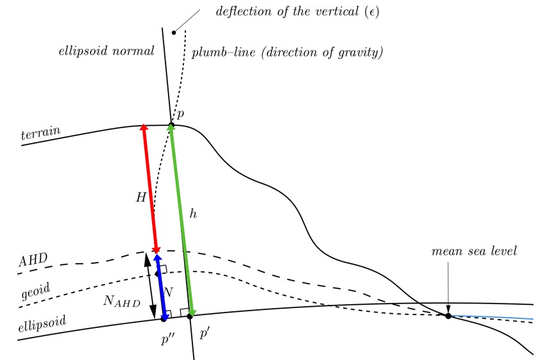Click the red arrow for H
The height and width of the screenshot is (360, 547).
point(150,189)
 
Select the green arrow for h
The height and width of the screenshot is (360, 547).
point(181,220)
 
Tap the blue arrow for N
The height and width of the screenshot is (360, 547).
point(161,287)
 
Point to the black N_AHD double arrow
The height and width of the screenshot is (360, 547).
point(150,285)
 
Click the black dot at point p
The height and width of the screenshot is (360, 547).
point(171,124)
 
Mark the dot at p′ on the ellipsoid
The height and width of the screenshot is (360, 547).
point(190,316)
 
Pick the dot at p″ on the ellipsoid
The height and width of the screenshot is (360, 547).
point(164,319)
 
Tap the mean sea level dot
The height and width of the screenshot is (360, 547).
point(448,316)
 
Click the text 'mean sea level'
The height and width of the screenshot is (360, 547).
point(474,251)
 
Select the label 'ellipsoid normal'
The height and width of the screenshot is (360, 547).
point(106,51)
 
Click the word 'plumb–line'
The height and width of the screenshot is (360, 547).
point(224,53)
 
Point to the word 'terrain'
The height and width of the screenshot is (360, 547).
point(41,133)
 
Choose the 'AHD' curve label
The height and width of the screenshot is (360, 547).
point(33,260)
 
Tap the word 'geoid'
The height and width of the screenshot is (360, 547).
point(35,291)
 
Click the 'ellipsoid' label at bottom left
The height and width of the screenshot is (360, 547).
point(42,323)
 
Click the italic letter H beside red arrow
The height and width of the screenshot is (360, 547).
point(141,198)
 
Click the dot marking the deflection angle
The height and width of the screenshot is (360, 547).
point(174,33)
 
